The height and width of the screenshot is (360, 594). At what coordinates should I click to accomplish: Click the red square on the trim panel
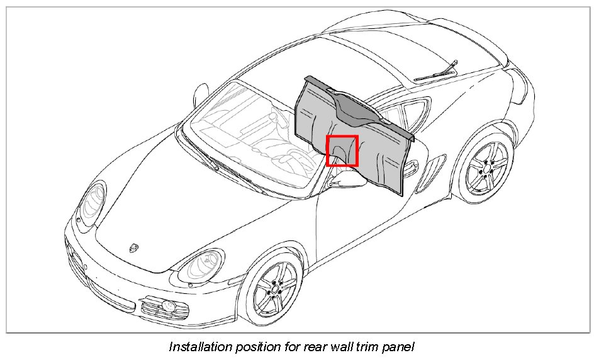point(342,150)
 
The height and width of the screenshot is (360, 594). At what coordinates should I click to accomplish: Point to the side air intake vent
point(432,166)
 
